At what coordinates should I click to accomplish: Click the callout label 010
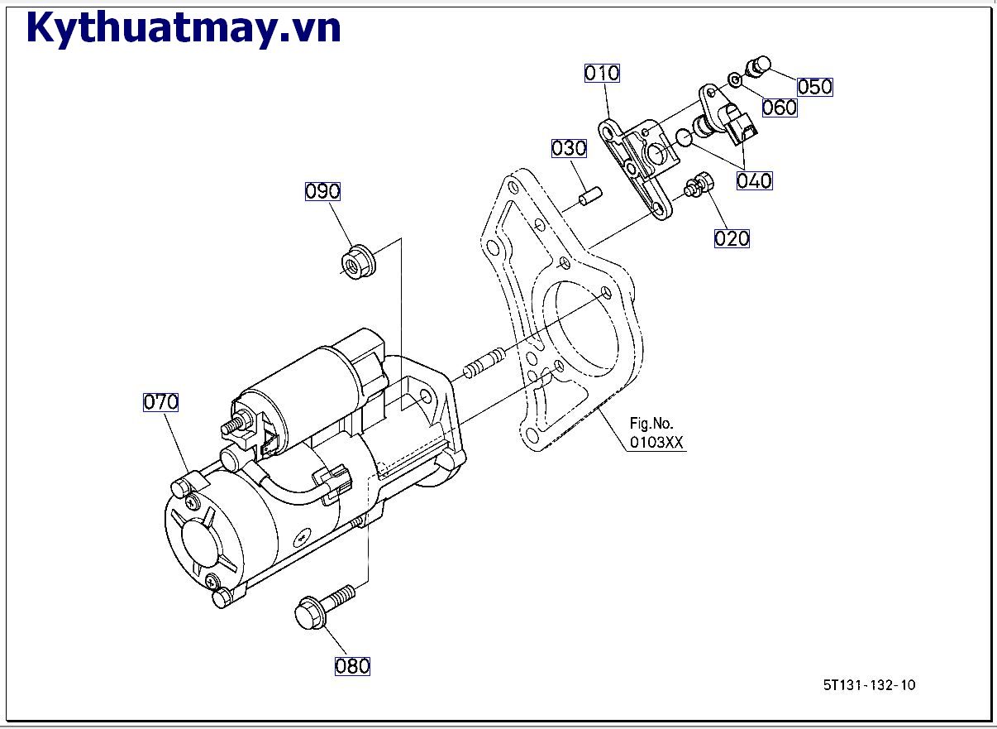pos(602,73)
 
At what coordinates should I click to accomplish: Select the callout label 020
pos(732,238)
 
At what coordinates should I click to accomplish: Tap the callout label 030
pos(570,148)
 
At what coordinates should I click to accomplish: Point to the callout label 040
pos(754,180)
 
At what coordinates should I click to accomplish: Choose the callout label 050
pos(814,87)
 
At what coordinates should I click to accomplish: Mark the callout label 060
pos(780,108)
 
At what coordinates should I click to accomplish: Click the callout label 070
pos(161,402)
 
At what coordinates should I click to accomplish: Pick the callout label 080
pos(352,666)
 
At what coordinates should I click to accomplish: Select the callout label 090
pos(322,191)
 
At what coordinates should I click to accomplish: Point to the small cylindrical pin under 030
pos(589,197)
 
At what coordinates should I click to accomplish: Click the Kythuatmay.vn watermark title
pos(184,29)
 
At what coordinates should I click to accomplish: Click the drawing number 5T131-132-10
pos(869,684)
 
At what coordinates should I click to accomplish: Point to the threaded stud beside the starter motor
pos(483,362)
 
